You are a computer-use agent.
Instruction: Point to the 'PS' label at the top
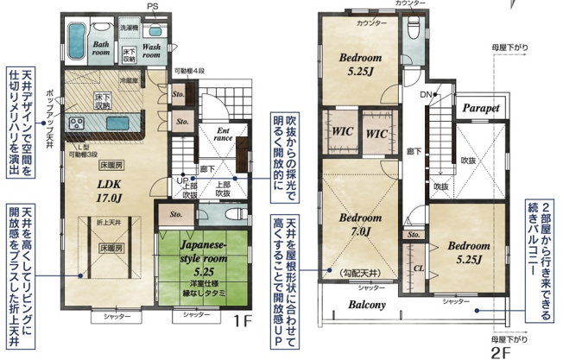[x=152, y=6]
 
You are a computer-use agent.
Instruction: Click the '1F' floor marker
[x=244, y=324]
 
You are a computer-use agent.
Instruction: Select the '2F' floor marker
[x=502, y=351]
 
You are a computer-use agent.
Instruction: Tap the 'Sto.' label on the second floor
[x=413, y=233]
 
